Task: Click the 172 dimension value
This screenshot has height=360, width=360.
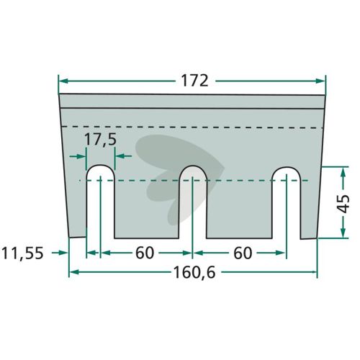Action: tap(194, 81)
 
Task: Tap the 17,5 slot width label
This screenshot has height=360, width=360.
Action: tap(101, 140)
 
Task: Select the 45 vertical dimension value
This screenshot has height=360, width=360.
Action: tap(343, 204)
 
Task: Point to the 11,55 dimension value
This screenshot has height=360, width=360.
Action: tap(22, 253)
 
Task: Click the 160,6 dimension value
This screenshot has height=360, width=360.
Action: tap(194, 273)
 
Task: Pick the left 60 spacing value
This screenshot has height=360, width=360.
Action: tap(145, 253)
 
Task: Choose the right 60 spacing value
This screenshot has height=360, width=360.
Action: tap(243, 253)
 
